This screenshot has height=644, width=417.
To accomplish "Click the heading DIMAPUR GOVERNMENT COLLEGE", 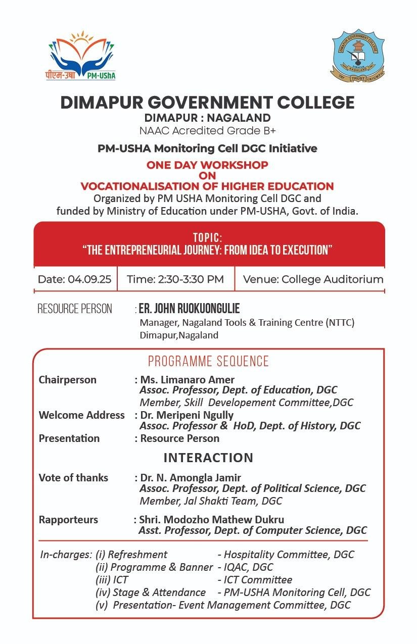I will [207, 103].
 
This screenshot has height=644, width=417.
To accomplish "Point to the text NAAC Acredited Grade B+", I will [207, 131].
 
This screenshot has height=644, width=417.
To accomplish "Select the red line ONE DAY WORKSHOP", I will [207, 165].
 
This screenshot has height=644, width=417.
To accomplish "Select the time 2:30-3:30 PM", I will [175, 279].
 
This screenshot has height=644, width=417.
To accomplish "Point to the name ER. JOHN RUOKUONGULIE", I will [189, 309].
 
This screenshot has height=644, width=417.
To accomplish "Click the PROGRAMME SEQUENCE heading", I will [208, 361].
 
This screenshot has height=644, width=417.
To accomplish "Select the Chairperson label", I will [67, 380].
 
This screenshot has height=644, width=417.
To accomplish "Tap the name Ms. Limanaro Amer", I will [187, 380].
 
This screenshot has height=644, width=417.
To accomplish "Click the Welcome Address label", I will [81, 415].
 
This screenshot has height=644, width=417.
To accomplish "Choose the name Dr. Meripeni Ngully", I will [187, 415].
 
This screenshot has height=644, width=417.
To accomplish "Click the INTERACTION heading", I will [208, 458].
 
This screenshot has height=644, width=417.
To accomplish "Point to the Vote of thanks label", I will [73, 478].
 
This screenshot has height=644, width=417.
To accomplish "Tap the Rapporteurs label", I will [68, 520].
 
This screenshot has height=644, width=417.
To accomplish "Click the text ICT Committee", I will [258, 579].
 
